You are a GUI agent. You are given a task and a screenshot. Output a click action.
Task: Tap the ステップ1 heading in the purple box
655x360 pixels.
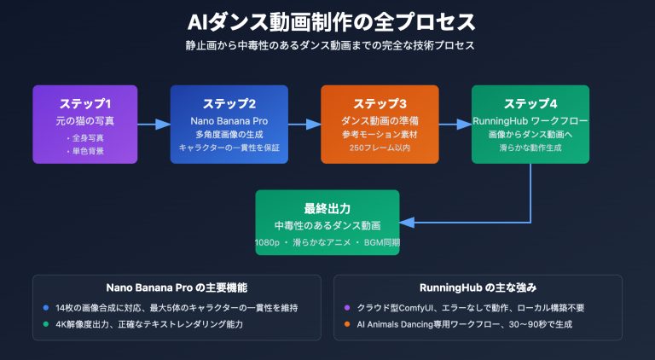85,104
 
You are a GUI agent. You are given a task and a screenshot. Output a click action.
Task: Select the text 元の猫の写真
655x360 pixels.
85,122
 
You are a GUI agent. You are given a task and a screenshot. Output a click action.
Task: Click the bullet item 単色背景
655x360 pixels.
85,151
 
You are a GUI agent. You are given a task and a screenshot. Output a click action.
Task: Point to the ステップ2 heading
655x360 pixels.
229,104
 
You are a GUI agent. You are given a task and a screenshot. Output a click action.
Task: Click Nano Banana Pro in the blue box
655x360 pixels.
229,122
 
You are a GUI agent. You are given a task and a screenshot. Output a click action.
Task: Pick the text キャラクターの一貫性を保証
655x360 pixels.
229,148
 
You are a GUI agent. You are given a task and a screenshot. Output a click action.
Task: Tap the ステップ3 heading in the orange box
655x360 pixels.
380,104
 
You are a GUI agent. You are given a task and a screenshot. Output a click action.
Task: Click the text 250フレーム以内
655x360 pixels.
380,148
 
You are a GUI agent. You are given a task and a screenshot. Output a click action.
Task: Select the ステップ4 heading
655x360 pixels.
531,104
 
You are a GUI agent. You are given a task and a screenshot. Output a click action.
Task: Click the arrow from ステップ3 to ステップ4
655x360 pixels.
455,125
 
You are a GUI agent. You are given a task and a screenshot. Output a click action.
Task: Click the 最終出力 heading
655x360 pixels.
327,208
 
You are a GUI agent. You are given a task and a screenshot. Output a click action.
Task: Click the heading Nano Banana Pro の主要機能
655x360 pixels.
177,288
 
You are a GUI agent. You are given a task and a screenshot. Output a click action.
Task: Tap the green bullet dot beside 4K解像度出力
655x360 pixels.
45,324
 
